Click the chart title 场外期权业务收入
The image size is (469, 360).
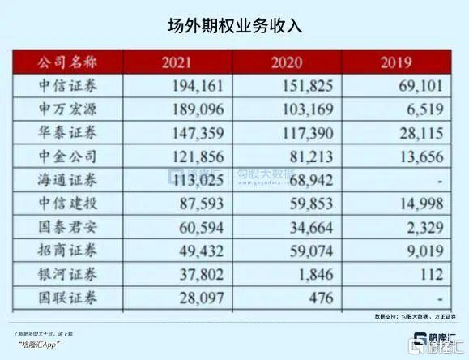[234, 26]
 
